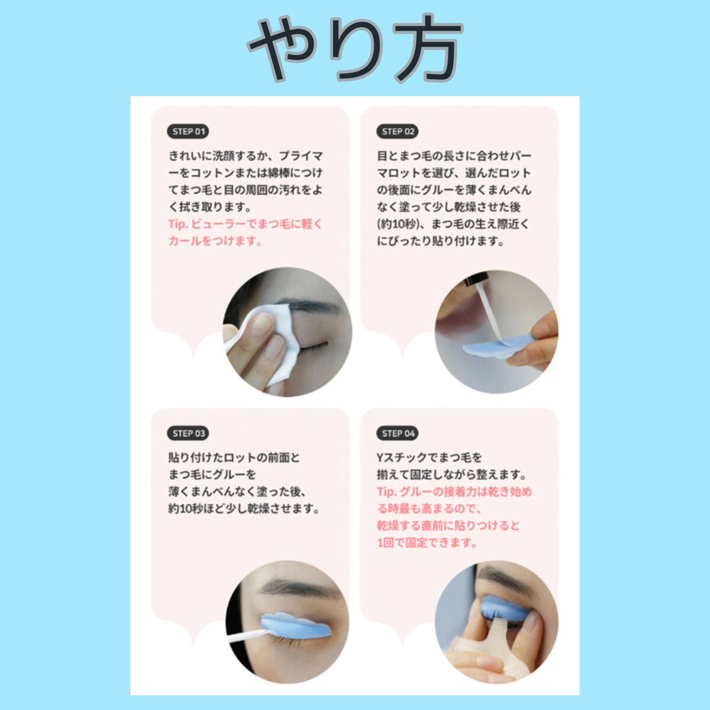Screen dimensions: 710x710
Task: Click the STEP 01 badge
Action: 188,131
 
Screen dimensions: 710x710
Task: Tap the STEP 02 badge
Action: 397,131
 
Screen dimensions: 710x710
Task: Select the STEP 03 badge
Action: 188,433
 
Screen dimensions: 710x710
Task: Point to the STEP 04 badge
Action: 397,433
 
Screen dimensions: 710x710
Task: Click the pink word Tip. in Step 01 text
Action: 177,224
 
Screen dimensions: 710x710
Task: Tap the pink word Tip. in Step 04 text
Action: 386,492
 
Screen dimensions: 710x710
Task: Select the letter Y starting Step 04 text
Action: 380,457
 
